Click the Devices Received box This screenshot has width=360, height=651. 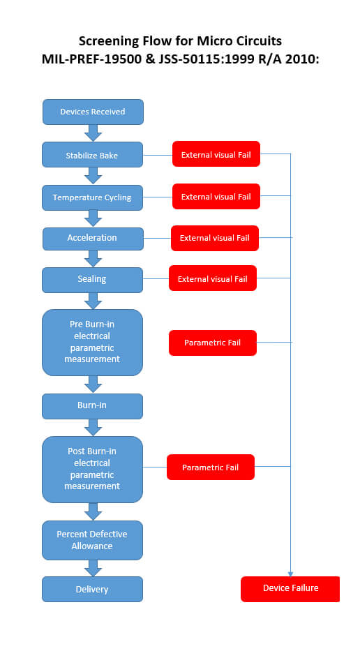93,112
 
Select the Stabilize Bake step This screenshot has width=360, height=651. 92,155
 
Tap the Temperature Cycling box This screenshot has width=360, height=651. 92,197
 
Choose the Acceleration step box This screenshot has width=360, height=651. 93,239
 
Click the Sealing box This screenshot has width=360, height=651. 92,280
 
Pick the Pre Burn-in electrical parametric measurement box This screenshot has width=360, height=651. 92,343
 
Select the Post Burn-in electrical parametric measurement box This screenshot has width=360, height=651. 92,470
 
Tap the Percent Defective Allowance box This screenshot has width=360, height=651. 92,540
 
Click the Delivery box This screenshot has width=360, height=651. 92,589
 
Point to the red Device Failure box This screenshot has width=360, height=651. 290,589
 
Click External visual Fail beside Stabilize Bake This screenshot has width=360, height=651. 216,154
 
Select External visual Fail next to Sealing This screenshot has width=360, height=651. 213,278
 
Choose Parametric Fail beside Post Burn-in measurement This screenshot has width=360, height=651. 211,467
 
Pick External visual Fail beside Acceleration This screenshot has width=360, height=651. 215,239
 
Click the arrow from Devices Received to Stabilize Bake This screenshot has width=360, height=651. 93,133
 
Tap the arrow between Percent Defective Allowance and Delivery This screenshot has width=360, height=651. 93,569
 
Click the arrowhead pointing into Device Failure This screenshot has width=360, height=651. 290,574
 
